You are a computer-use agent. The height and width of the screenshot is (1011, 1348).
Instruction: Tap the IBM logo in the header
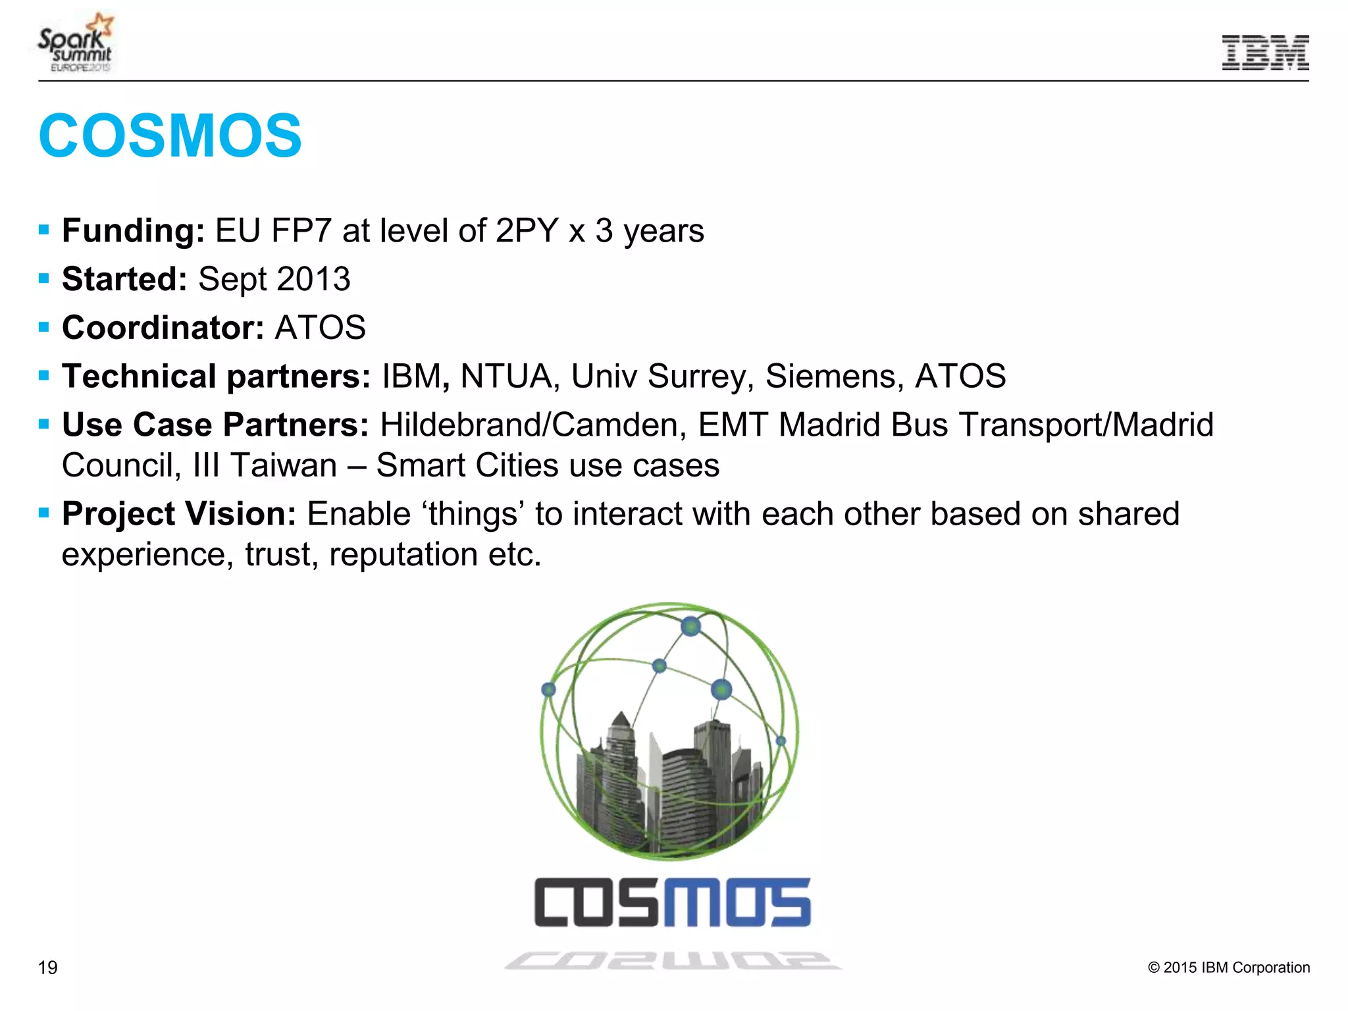coord(1264,53)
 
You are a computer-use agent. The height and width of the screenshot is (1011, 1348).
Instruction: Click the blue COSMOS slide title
coord(170,136)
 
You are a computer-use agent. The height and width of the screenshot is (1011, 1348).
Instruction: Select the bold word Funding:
coord(133,231)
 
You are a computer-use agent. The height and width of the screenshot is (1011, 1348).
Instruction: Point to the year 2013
coord(313,279)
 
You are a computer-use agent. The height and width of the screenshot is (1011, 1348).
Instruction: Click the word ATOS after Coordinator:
coord(320,328)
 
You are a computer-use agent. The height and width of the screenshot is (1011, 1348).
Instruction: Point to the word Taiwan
coord(284,465)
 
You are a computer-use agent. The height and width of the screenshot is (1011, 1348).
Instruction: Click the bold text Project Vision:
coord(179,514)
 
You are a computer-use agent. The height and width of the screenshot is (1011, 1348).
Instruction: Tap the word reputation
coord(403,555)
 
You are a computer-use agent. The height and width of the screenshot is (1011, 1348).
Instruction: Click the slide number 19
coord(47,968)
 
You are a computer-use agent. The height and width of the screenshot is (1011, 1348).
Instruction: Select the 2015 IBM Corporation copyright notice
coord(1228,968)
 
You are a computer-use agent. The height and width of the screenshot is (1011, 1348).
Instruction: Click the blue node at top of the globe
coord(690,625)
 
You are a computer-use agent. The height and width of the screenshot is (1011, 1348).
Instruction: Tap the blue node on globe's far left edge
coord(548,689)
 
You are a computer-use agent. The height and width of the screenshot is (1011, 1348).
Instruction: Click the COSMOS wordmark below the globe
coord(672,902)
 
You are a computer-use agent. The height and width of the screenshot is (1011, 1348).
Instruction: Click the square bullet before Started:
coord(44,279)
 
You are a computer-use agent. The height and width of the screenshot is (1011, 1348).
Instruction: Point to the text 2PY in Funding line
coord(527,231)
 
